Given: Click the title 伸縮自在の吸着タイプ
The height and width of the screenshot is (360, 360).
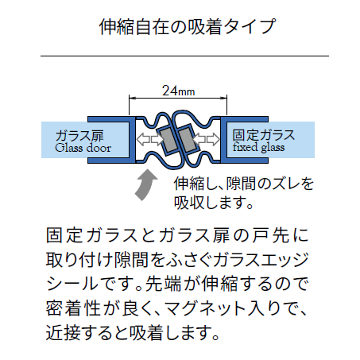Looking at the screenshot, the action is pyautogui.click(x=188, y=27).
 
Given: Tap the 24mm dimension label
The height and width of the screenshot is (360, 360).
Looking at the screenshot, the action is pyautogui.click(x=178, y=91).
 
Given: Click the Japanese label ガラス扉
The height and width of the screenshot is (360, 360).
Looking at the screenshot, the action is pyautogui.click(x=79, y=136).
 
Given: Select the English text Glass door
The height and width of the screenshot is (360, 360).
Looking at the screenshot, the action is pyautogui.click(x=83, y=148).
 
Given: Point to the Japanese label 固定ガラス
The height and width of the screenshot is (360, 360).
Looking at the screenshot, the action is pyautogui.click(x=264, y=135).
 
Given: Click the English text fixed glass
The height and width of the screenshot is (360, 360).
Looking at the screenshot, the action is pyautogui.click(x=259, y=147).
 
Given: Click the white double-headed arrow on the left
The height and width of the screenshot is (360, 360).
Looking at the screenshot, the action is pyautogui.click(x=149, y=138).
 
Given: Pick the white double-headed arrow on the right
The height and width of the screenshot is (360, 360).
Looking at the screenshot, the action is pyautogui.click(x=207, y=139).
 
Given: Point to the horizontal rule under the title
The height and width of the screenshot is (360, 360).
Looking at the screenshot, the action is pyautogui.click(x=184, y=56).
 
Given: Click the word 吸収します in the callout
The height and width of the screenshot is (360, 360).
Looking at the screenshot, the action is pyautogui.click(x=210, y=203).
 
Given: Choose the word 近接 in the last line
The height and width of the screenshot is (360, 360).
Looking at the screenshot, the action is pyautogui.click(x=63, y=333).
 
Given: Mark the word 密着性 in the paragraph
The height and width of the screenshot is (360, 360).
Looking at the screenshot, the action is pyautogui.click(x=73, y=308).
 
